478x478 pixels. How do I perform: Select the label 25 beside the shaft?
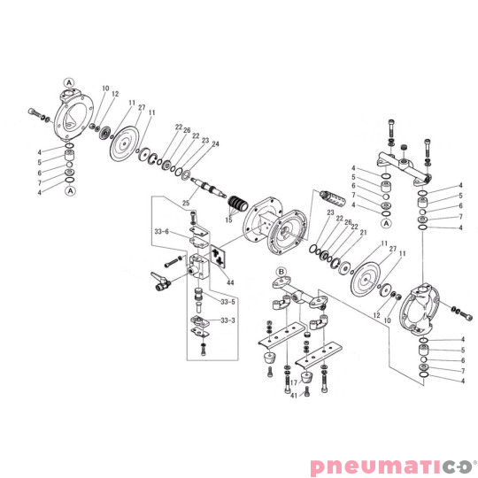(187, 204)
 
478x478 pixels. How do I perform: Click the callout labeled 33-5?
(228, 301)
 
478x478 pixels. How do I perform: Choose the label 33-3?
(228, 320)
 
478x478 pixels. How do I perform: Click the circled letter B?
(281, 271)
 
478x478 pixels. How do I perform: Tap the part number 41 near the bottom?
(293, 396)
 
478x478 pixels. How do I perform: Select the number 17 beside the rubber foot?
(293, 382)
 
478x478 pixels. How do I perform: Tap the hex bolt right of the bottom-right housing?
(457, 310)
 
